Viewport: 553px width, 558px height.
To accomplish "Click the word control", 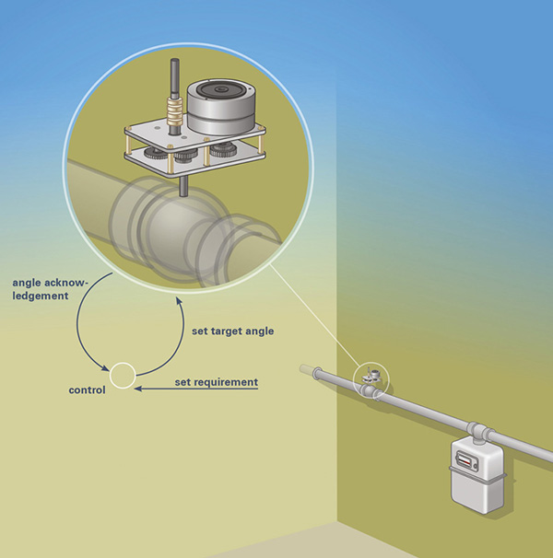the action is coord(87,390).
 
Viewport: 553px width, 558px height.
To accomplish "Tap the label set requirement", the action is coord(217,382).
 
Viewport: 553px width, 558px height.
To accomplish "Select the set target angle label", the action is coord(232,331).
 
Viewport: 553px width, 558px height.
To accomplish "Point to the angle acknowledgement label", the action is coord(50,289).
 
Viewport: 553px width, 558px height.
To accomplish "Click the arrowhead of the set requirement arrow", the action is coord(138,389).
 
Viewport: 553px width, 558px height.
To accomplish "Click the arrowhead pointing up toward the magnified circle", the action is coord(179,302).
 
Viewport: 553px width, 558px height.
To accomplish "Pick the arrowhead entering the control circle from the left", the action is coord(105,368).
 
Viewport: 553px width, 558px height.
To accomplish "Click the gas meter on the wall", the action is coord(477,476).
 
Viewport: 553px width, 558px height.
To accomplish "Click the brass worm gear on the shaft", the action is coord(174,110).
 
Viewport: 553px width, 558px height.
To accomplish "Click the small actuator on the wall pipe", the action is coord(371,376).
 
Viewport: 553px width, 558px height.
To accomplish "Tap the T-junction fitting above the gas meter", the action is coord(478,433).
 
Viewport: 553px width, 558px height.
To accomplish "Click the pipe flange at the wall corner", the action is coord(317,373).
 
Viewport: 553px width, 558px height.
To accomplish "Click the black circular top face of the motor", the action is coord(221,89).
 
